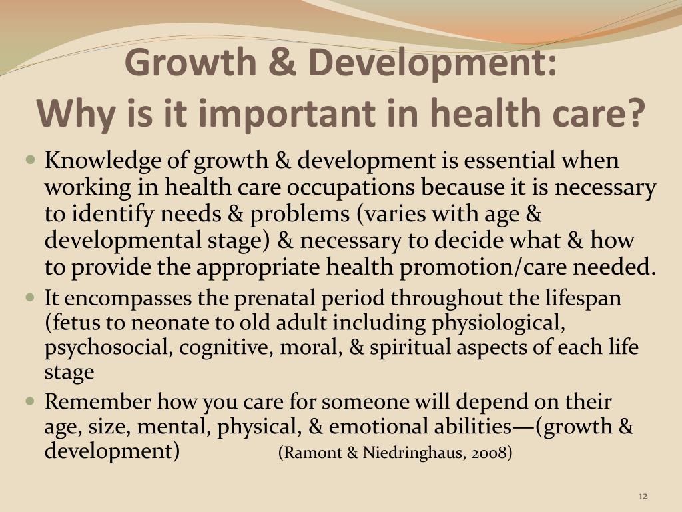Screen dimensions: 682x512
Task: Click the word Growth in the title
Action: click(x=190, y=62)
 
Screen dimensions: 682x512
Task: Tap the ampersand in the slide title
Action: click(x=282, y=62)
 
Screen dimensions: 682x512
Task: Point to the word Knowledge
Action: click(x=103, y=161)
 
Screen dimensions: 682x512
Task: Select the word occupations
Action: click(x=350, y=188)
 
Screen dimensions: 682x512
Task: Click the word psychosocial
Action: click(x=106, y=348)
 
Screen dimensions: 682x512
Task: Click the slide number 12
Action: click(x=643, y=496)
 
